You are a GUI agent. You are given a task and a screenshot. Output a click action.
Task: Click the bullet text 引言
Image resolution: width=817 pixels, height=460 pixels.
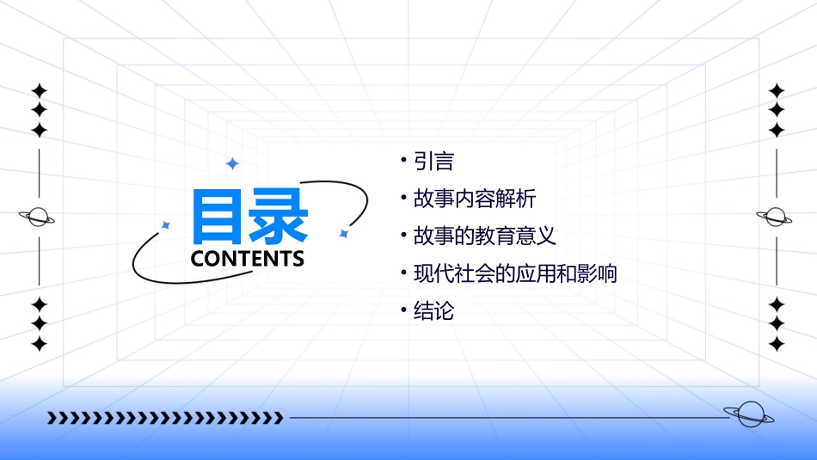coord(433,161)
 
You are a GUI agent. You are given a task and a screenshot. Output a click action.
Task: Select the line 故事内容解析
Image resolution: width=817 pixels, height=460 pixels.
coord(475,199)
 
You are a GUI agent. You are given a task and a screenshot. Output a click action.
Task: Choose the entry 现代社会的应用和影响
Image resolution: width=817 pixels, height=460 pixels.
coord(515,274)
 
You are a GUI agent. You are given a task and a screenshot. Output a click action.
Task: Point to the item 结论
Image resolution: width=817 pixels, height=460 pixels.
coord(433,311)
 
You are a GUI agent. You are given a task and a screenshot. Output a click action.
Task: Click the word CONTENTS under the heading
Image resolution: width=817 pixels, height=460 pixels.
coord(248,259)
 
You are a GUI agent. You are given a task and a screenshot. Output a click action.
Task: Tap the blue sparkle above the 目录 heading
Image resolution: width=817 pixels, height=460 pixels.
coord(231,163)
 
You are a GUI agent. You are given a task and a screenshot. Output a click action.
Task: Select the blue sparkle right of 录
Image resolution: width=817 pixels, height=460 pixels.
coord(343,233)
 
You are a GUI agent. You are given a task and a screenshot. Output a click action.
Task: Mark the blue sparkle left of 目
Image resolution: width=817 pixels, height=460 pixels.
coord(166,225)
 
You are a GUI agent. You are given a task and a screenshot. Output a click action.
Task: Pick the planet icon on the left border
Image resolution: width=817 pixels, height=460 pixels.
coord(38,218)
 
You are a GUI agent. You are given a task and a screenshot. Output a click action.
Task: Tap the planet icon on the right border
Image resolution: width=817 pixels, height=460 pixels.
coord(777,218)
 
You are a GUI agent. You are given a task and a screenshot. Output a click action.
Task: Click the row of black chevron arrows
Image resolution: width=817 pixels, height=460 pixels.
coord(165,419)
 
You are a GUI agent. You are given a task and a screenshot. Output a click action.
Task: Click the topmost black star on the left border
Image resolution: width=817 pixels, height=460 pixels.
coord(39,90)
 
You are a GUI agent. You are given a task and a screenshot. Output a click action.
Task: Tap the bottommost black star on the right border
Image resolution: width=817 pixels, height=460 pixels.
coord(777,344)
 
